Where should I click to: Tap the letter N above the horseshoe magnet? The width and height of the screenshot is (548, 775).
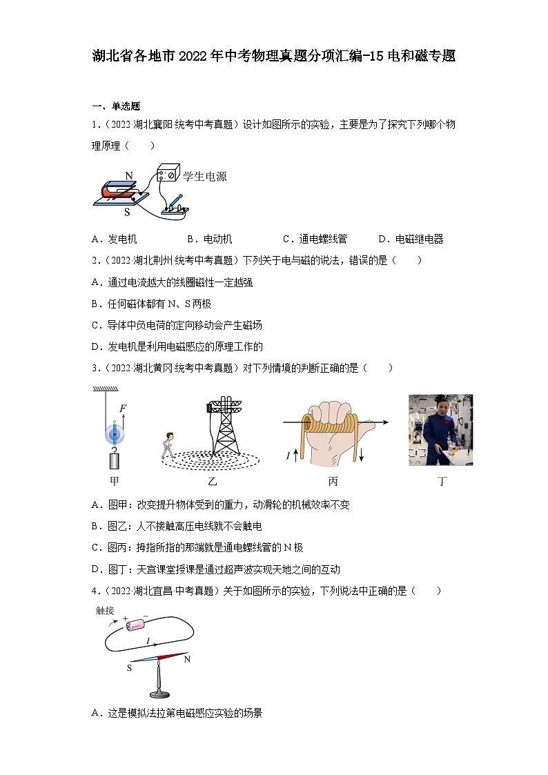[x=129, y=176]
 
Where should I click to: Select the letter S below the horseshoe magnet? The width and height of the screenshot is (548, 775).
[x=127, y=213]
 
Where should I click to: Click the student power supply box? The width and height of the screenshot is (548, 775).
[x=169, y=173]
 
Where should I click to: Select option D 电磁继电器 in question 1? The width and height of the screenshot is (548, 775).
[x=411, y=239]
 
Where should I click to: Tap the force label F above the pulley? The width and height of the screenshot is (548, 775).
[x=122, y=409]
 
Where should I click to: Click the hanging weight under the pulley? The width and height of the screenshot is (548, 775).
[x=114, y=458]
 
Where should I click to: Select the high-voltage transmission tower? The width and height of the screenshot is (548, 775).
[x=224, y=426]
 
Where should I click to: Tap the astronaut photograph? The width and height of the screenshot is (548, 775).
[x=440, y=429]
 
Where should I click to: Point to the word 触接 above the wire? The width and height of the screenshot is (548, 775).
[x=105, y=610]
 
